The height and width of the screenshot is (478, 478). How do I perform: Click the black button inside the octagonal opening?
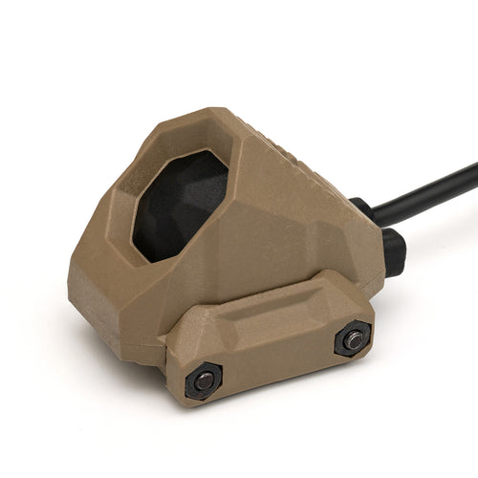coord(182,206)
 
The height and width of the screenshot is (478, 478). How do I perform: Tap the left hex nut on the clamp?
coord(204,380)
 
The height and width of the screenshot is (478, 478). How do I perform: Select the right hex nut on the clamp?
coord(353,338)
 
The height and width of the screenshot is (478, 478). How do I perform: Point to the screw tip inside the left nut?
coord(204,380)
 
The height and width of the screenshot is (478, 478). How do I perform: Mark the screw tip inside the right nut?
coord(354,338)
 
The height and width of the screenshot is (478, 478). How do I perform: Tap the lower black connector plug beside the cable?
coord(393,250)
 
